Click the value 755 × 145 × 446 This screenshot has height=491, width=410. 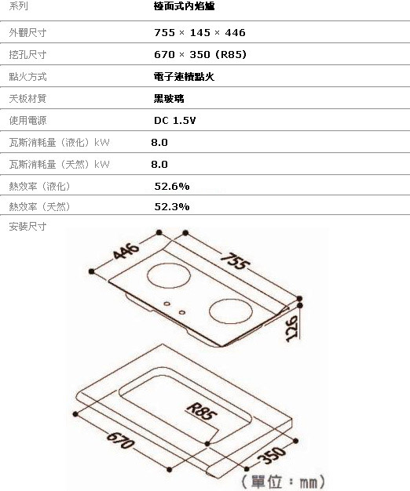click(x=200, y=33)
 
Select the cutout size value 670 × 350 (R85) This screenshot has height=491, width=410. click(x=200, y=54)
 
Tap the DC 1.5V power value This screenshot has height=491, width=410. click(x=174, y=121)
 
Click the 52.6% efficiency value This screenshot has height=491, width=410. click(x=172, y=187)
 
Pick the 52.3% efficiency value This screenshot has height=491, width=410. click(x=172, y=206)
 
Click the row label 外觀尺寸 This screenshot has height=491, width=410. click(x=27, y=33)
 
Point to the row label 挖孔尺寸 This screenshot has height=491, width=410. click(x=27, y=54)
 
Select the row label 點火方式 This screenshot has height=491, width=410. click(x=27, y=76)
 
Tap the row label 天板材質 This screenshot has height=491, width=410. click(x=27, y=98)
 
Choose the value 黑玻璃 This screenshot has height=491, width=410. click(x=169, y=99)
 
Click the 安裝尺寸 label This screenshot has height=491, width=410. click(x=27, y=226)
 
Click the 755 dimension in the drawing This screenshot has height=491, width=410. click(x=235, y=261)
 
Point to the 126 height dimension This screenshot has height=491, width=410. click(x=292, y=329)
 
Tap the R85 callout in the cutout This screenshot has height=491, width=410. click(x=201, y=412)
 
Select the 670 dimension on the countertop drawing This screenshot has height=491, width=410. click(x=121, y=441)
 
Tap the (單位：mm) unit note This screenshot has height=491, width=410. click(x=283, y=482)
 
